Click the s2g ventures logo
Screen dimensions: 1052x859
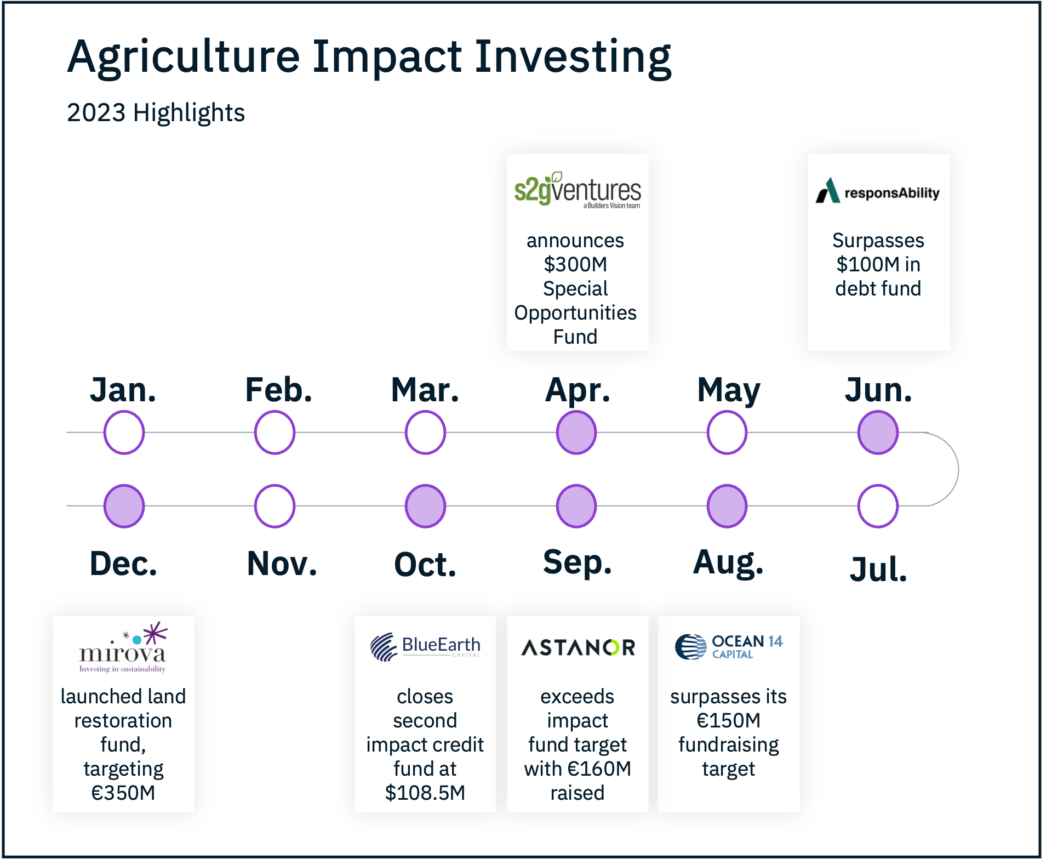tap(578, 190)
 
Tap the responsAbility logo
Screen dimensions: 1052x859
tap(878, 191)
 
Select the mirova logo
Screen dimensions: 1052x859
tap(123, 647)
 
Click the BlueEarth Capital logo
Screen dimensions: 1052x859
tap(425, 647)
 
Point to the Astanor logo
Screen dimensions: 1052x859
tap(578, 647)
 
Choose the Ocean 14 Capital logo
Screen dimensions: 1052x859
tap(729, 647)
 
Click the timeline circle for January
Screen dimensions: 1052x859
tap(124, 433)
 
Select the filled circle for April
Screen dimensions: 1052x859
tap(576, 433)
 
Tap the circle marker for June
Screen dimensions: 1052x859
tap(878, 433)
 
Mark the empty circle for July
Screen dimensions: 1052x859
tap(878, 506)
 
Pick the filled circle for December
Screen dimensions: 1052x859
tap(124, 506)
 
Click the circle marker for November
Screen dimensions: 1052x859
tap(275, 506)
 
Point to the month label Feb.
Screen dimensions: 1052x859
tap(278, 390)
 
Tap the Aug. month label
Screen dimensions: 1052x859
tap(728, 563)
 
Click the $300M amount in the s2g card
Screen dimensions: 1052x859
tap(575, 264)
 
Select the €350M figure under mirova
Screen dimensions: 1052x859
tap(123, 793)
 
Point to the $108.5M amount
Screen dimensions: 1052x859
tap(425, 793)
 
